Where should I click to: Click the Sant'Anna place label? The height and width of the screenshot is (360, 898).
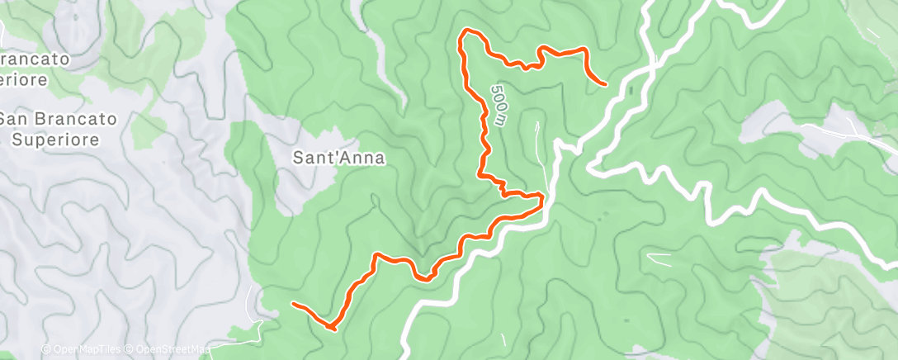339,157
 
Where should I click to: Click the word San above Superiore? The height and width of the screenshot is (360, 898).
12,119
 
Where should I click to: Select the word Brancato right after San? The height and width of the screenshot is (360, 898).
71,119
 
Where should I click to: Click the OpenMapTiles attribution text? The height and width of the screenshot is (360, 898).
87,348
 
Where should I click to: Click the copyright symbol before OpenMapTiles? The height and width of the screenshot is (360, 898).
45,348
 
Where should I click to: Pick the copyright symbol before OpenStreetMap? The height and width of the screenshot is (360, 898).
130,348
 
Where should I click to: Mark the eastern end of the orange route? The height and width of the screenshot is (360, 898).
606,84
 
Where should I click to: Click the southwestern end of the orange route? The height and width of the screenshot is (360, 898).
294,304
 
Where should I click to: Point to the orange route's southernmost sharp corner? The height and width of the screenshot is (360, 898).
332,328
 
